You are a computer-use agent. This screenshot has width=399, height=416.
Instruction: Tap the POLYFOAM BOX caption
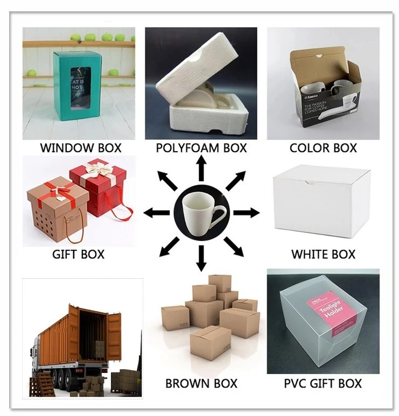click(x=201, y=147)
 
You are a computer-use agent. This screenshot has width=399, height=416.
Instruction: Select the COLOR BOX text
click(x=323, y=147)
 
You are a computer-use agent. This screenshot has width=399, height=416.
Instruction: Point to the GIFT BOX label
click(x=79, y=254)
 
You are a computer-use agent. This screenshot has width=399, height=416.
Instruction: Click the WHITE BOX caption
click(x=323, y=254)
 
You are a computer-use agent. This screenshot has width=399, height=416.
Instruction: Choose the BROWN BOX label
click(x=201, y=384)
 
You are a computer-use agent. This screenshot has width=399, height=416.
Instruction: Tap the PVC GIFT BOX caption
click(x=323, y=384)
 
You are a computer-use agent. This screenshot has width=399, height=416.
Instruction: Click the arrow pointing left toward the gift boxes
click(x=157, y=213)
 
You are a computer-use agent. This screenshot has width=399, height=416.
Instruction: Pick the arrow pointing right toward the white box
click(x=246, y=213)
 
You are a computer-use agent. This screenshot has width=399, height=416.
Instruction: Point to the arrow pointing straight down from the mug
click(x=201, y=258)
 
